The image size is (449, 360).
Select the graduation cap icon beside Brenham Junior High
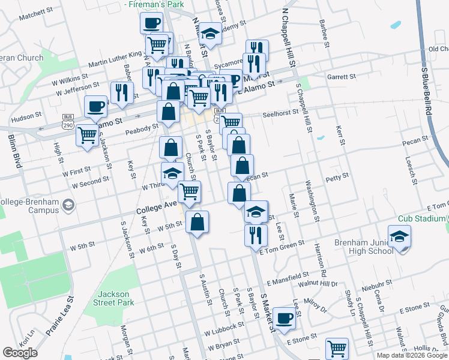click(x=399, y=236)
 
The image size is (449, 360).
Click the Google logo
click(x=20, y=353)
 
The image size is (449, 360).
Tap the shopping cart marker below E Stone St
click(x=337, y=347)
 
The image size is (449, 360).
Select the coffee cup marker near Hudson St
click(x=95, y=106)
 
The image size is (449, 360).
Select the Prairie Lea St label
click(x=62, y=315)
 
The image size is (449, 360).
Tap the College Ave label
click(x=157, y=208)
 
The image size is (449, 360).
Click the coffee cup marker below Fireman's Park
click(x=151, y=23)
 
